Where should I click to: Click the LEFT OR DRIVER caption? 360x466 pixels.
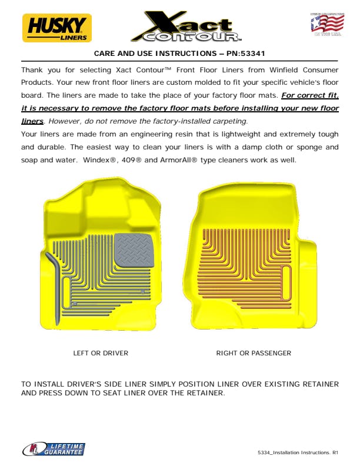[x=101, y=353]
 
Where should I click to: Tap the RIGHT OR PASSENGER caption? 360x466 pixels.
[x=254, y=353]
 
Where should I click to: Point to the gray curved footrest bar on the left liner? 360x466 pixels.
[x=54, y=282]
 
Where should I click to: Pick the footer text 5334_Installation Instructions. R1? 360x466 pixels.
[x=298, y=452]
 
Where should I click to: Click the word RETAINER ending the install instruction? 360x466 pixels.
[x=205, y=392]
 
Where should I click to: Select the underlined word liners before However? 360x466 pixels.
[x=32, y=121]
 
